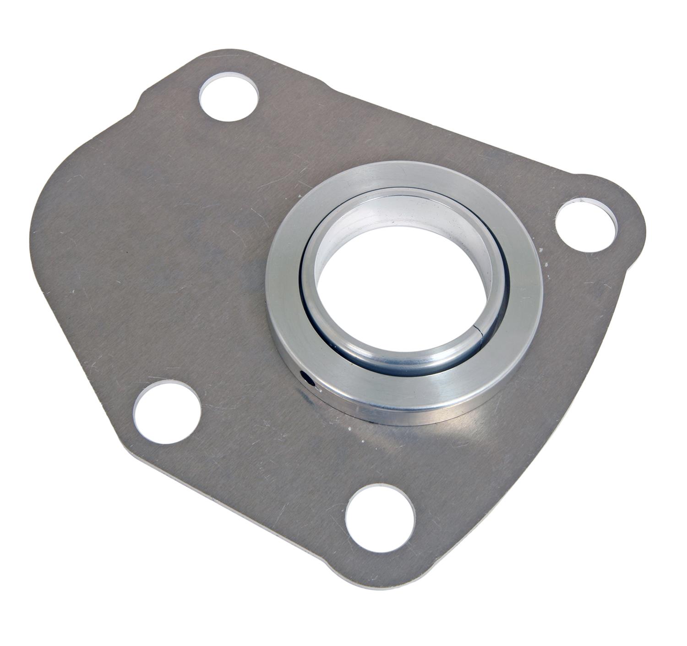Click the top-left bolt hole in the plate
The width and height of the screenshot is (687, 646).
[x=229, y=99]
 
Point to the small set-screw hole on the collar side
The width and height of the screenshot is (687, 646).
[x=305, y=377]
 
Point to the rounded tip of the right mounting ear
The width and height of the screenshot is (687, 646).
[x=639, y=224]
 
